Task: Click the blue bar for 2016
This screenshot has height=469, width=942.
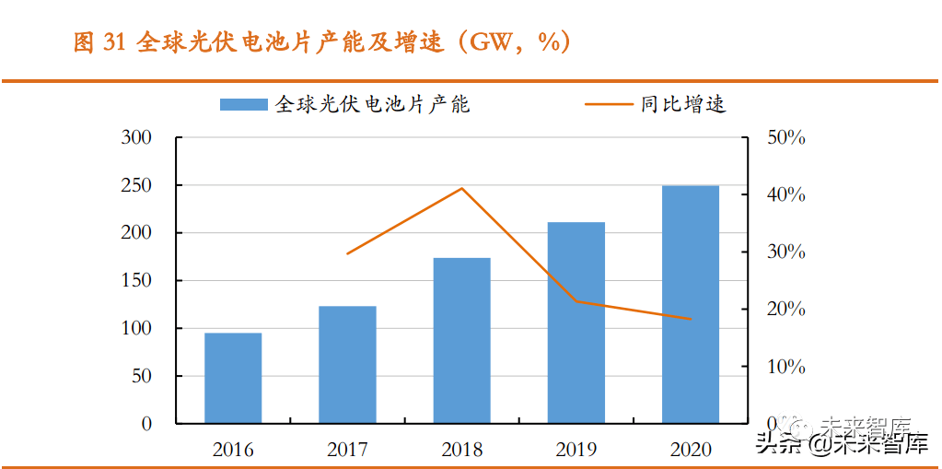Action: coord(233,378)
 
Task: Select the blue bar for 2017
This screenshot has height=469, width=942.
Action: coord(347,365)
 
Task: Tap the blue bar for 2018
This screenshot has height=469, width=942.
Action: coord(461,341)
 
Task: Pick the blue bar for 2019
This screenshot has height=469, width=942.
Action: coord(576,322)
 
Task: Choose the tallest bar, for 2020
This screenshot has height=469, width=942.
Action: coord(691,304)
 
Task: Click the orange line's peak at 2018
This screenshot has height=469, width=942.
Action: coord(461,189)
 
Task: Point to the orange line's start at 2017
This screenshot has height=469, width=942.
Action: coord(347,253)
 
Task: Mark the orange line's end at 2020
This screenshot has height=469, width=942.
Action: coord(691,320)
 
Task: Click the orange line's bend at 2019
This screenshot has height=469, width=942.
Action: coord(576,301)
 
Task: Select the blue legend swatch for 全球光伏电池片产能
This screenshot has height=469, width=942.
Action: coord(244,105)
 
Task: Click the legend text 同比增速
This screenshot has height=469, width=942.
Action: coord(683,104)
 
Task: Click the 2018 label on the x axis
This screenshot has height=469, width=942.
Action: coord(461,450)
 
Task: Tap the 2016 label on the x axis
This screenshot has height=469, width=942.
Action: coord(233,450)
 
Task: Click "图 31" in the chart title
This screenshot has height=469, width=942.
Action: coord(99,43)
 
